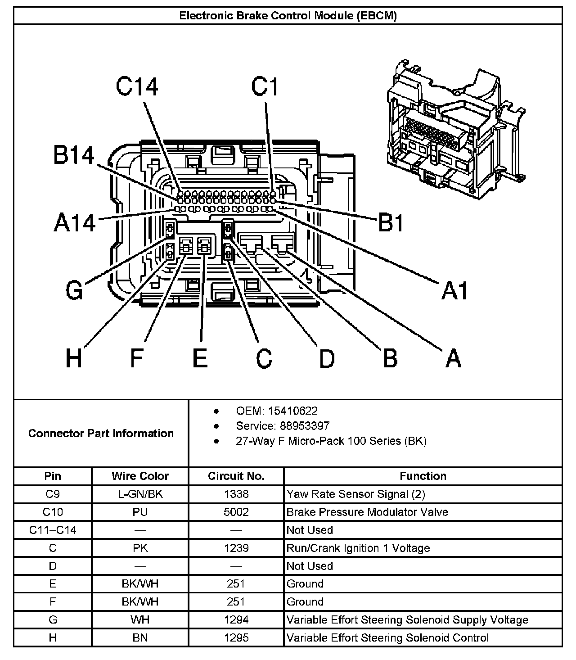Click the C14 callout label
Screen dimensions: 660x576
[137, 87]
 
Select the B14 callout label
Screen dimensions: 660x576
[74, 156]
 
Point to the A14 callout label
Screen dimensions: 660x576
[75, 222]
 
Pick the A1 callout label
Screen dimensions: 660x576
[454, 290]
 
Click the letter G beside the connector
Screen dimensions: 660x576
[75, 290]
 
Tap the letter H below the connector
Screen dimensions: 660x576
[74, 359]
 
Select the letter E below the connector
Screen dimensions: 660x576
[200, 359]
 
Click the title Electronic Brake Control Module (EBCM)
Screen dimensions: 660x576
[288, 16]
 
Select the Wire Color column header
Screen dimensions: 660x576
[140, 476]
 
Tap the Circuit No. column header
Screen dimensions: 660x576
[236, 476]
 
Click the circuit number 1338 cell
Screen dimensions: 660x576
[236, 494]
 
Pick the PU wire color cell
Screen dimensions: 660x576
[140, 512]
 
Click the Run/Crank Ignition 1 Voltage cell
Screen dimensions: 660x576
[358, 548]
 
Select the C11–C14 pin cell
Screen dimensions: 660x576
[53, 530]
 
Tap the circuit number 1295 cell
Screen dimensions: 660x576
[236, 638]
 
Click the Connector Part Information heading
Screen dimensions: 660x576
[101, 434]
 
